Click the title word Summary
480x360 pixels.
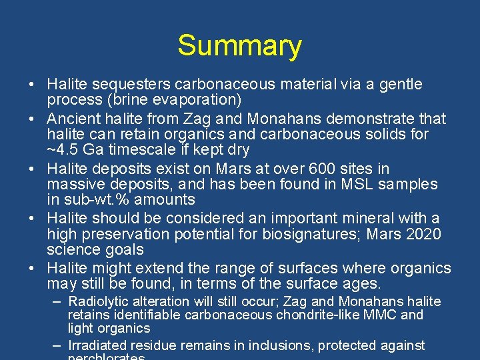click(x=239, y=46)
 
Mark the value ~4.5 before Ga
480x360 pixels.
click(x=62, y=150)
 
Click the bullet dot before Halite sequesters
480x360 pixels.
click(x=32, y=85)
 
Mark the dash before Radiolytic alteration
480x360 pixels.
click(x=58, y=301)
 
